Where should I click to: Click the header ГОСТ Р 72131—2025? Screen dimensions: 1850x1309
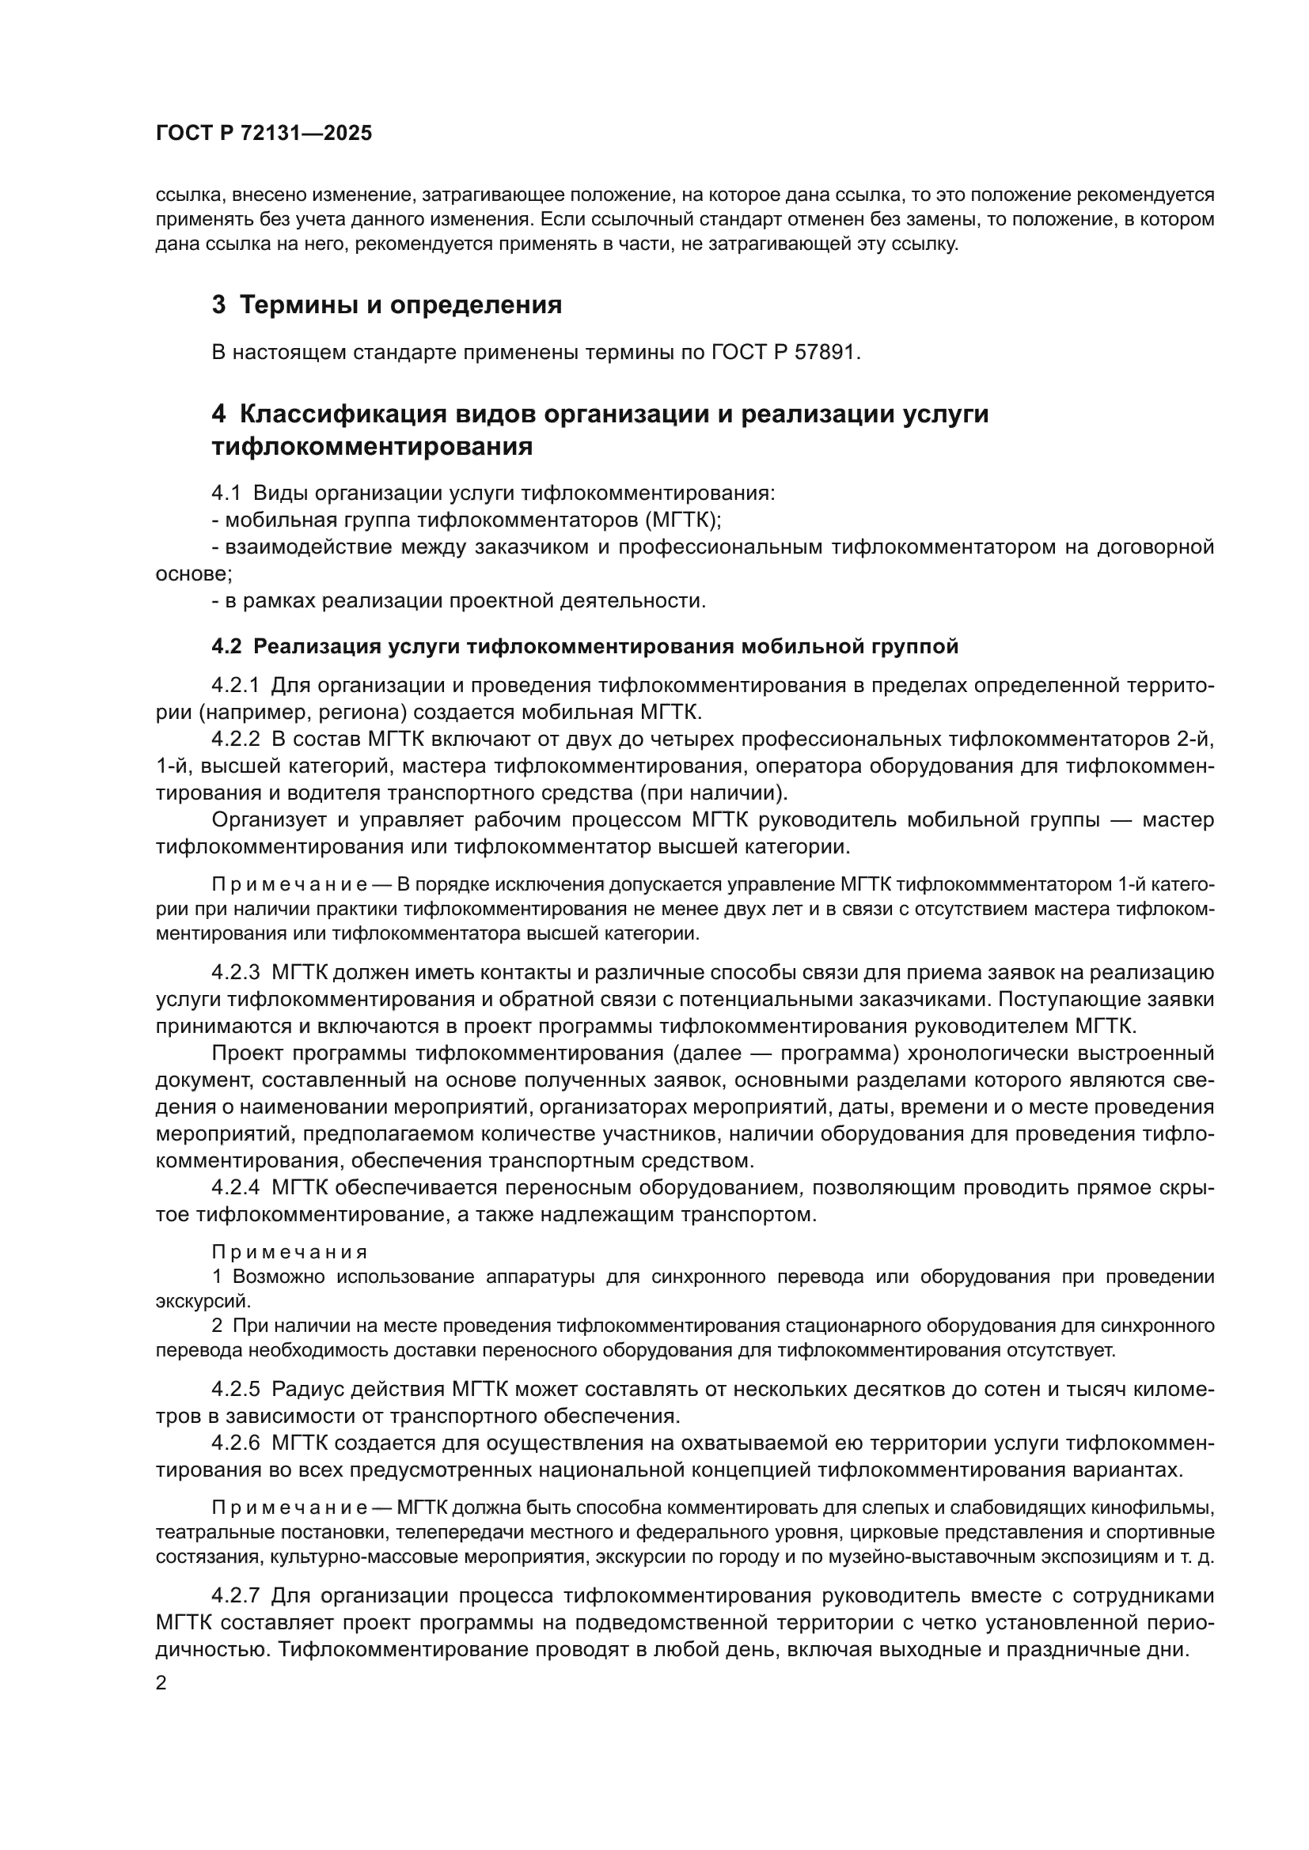tap(264, 133)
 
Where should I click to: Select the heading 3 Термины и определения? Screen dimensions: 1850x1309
tap(386, 305)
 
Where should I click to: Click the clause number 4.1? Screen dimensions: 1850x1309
tap(226, 493)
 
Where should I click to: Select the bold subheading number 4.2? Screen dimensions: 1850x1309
tap(226, 646)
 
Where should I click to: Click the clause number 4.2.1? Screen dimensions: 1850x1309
tap(235, 685)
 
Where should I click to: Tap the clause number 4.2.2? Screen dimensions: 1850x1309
tap(235, 739)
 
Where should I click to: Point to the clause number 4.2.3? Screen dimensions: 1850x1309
tap(235, 973)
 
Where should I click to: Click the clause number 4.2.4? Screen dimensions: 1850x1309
tap(235, 1188)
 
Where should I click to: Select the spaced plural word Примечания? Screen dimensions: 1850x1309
tap(290, 1252)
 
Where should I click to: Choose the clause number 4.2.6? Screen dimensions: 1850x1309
tap(235, 1443)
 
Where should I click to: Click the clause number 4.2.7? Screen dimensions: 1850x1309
tap(235, 1595)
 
